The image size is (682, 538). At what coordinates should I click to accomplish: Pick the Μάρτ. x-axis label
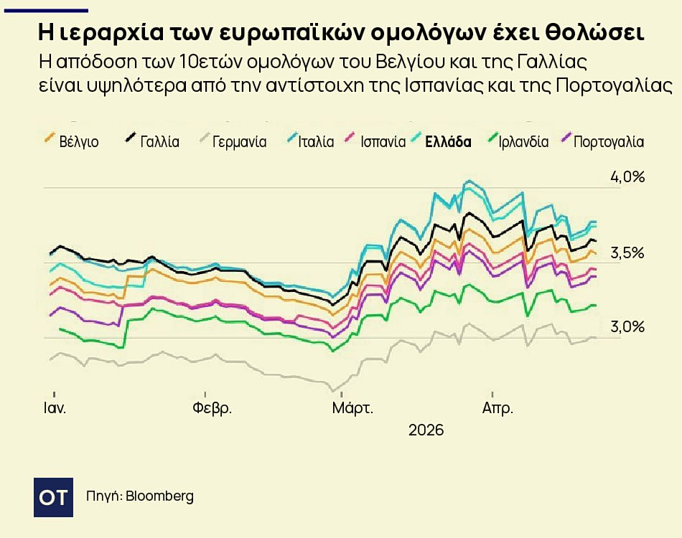352,409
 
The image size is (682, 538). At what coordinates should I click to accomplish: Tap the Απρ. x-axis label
497,409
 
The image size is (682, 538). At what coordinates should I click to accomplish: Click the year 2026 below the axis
426,431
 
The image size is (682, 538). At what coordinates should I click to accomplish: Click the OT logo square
54,496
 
